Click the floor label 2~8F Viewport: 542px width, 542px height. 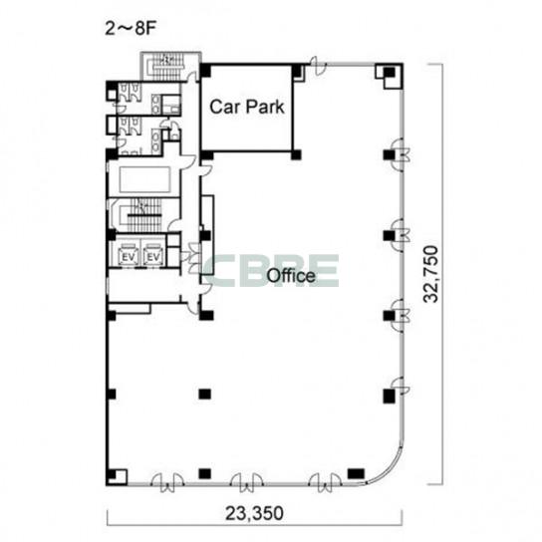(x=131, y=29)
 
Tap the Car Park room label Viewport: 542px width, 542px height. (x=247, y=107)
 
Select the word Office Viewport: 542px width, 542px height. (x=291, y=276)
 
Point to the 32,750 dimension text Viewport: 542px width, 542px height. (x=431, y=274)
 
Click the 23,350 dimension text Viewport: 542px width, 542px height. (x=254, y=513)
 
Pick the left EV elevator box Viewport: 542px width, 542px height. (x=129, y=255)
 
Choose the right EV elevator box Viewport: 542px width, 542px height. (x=153, y=255)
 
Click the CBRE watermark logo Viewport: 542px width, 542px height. (x=271, y=271)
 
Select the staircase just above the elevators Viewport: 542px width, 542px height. (x=141, y=215)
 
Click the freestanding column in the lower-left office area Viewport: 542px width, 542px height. (x=204, y=394)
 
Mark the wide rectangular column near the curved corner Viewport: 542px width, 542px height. (x=356, y=473)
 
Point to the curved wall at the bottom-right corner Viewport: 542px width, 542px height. (x=389, y=471)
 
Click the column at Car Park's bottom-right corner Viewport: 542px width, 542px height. (x=296, y=154)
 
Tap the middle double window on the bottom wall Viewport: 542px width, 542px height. (x=247, y=482)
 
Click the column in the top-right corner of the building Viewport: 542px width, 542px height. (x=390, y=73)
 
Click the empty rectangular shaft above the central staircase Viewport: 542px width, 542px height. (x=144, y=179)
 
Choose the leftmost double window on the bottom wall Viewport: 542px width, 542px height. (x=167, y=482)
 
